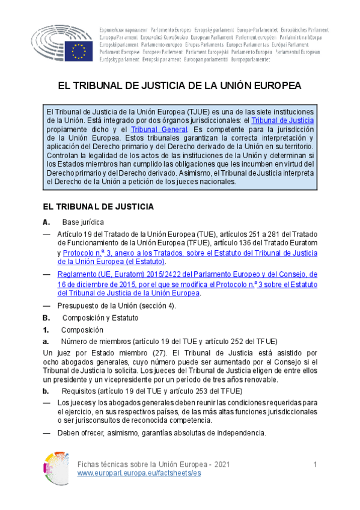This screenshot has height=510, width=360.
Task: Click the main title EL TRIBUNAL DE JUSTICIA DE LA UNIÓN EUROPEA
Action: click(179, 85)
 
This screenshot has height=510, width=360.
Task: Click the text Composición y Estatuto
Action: click(100, 318)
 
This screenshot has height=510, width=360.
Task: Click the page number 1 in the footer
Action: click(315, 465)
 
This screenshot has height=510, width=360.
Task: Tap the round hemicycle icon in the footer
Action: click(56, 469)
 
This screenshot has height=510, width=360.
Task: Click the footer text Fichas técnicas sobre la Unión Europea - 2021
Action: click(154, 465)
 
